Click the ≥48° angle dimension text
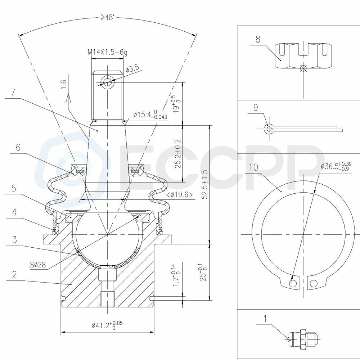(107, 18)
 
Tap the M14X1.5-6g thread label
(107, 52)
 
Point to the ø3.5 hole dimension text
(132, 68)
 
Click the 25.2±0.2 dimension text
(178, 154)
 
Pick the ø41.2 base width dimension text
(107, 325)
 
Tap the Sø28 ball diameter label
(38, 265)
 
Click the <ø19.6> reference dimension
(180, 195)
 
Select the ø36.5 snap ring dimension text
(336, 166)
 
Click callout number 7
(13, 93)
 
